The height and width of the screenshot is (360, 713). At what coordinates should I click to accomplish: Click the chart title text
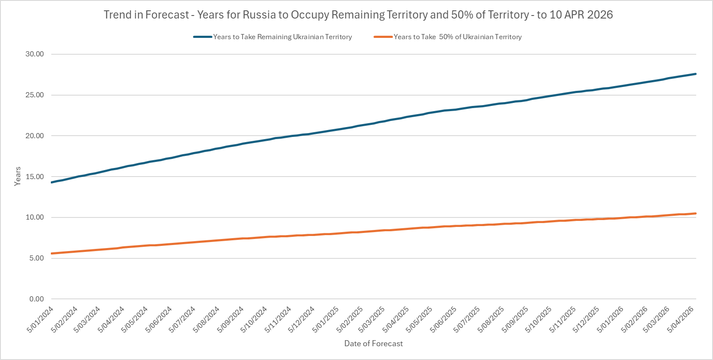[x=358, y=15]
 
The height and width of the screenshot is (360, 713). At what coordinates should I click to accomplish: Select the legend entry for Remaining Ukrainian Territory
[x=282, y=37]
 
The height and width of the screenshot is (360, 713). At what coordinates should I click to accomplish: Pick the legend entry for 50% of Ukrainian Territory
[x=457, y=37]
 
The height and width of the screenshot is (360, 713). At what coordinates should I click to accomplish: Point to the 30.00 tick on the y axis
[x=34, y=54]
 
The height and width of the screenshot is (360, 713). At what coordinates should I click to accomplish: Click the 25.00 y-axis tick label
[x=34, y=95]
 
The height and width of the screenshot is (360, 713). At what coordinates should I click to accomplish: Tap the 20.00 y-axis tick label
[x=34, y=136]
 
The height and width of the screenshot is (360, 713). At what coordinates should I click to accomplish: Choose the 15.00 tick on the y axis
[x=34, y=177]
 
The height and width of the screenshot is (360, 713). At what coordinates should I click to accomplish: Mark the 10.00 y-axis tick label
[x=34, y=217]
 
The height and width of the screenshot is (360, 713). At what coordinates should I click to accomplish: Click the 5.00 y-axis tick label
[x=36, y=258]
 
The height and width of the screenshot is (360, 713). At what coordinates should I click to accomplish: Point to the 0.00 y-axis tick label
[x=36, y=299]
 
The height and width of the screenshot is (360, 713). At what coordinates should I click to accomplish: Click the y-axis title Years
[x=18, y=176]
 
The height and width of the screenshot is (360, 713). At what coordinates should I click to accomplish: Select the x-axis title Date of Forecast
[x=374, y=344]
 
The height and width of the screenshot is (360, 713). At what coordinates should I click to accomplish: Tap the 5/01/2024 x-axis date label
[x=40, y=320]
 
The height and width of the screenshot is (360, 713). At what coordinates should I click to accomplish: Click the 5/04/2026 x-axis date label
[x=681, y=320]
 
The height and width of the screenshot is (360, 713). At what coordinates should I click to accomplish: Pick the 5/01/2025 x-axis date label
[x=326, y=320]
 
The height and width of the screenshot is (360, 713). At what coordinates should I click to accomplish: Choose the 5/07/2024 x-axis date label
[x=183, y=320]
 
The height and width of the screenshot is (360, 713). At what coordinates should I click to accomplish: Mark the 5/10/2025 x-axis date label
[x=539, y=320]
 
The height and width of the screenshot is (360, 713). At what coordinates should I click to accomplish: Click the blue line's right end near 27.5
[x=695, y=74]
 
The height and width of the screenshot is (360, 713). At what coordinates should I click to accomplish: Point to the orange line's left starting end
[x=52, y=254]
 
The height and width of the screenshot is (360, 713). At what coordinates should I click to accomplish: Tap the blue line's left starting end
[x=52, y=183]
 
